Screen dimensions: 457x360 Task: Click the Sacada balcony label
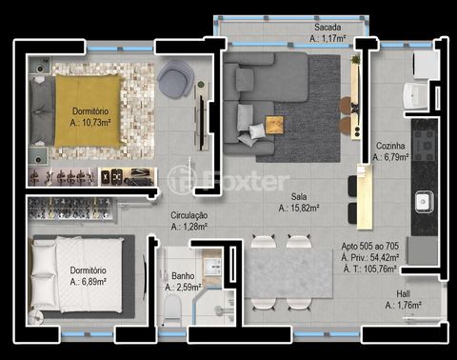point(328,28)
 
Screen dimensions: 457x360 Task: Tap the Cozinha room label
point(390,146)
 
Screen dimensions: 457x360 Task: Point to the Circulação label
point(189,215)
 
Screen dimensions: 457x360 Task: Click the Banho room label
point(183,275)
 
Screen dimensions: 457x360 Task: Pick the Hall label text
point(403,294)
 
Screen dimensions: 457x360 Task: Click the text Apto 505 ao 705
point(370,246)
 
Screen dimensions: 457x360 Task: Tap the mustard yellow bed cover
point(88,111)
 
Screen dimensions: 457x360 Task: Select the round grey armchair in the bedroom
point(175,79)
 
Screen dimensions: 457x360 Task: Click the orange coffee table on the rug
point(274,125)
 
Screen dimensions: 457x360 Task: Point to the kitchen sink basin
point(424,201)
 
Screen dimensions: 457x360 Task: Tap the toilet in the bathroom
point(172,308)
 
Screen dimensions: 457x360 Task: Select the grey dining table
point(288,273)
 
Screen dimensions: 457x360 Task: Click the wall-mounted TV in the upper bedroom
point(201,122)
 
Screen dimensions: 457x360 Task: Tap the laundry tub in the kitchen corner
point(414,95)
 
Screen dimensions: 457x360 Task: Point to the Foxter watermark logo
point(228,180)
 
